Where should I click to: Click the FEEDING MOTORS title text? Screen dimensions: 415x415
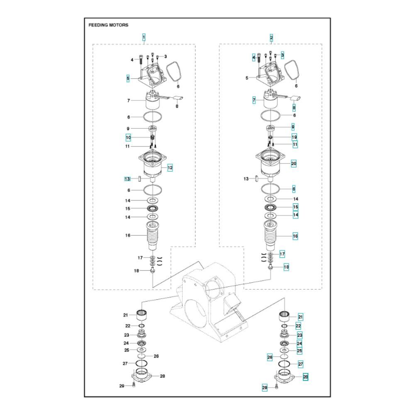(108, 25)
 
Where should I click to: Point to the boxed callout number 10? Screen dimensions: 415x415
(128, 137)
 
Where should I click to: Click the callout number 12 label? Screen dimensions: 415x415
(170, 168)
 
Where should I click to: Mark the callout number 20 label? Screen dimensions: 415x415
(293, 164)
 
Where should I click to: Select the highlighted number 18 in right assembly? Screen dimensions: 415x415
(286, 267)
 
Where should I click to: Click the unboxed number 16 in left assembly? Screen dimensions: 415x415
(128, 235)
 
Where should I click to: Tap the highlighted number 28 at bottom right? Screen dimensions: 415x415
(305, 377)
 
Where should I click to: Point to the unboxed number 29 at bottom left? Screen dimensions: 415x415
(122, 386)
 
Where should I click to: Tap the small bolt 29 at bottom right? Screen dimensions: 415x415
(276, 387)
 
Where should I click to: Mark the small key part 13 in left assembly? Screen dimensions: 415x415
(140, 179)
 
